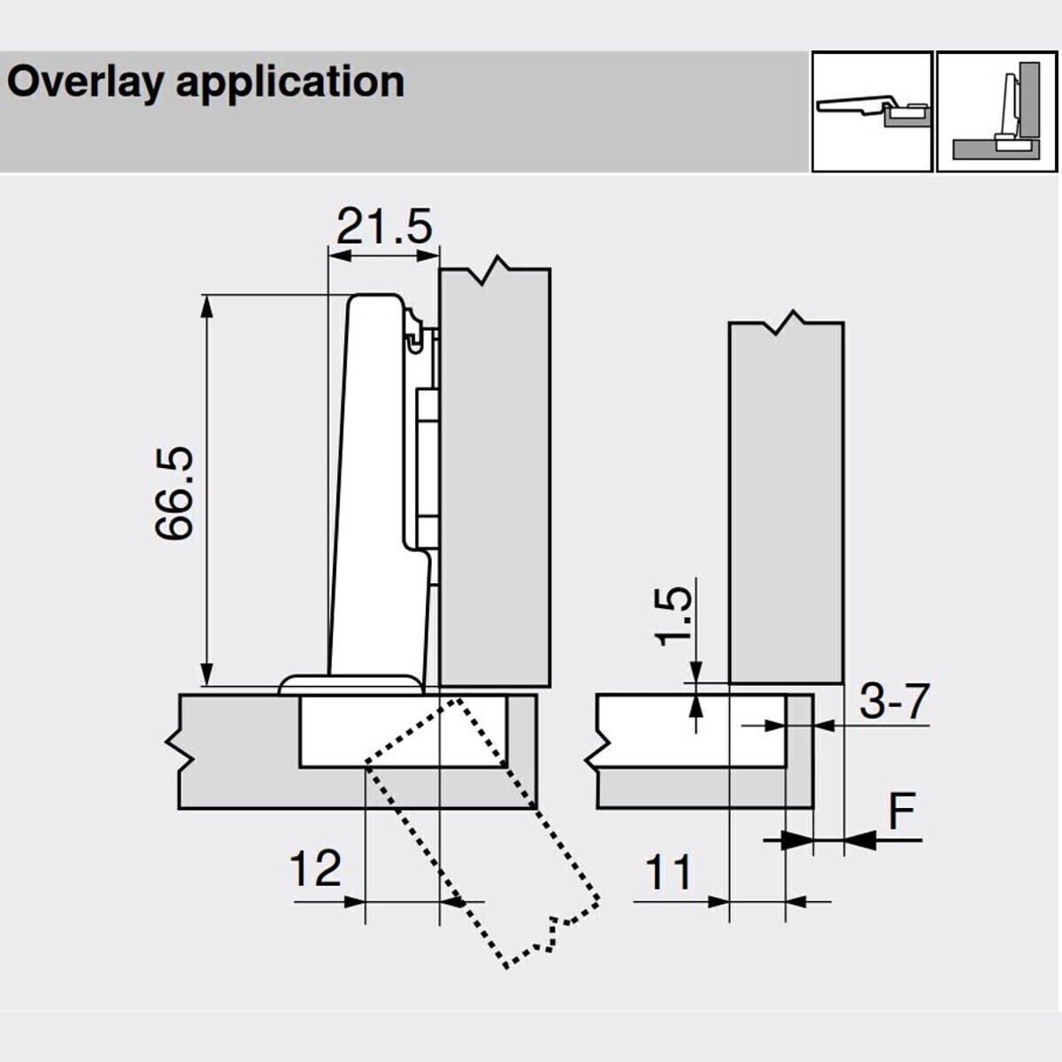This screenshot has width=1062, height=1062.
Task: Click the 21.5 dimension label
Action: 384,228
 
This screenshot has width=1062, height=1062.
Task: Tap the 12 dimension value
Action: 315,869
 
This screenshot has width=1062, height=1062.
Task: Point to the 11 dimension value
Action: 668,873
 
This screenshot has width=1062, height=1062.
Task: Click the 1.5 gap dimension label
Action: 674,616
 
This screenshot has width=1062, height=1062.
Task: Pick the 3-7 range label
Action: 895,703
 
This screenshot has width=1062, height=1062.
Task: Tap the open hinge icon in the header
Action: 872,112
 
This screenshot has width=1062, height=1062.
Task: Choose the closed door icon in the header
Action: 997,112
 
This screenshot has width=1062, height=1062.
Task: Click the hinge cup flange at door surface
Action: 350,685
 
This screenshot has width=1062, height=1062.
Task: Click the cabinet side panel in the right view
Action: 786,504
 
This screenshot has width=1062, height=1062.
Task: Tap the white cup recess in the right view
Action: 690,730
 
